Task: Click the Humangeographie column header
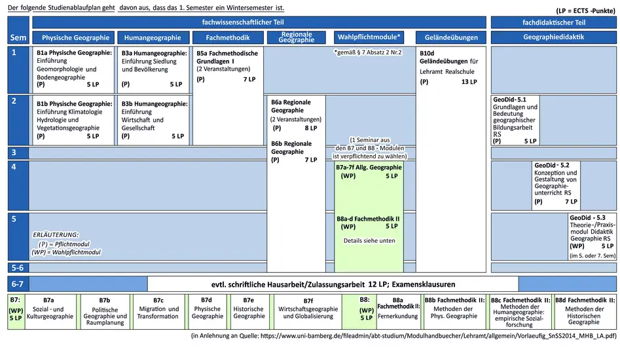pos(153,37)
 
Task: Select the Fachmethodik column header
pos(228,37)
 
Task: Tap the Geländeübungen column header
pos(451,37)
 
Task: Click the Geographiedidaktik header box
pos(554,37)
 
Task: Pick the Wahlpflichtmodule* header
pos(369,37)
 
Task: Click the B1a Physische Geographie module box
pos(73,69)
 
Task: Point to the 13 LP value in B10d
pos(469,82)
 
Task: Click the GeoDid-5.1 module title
pos(509,99)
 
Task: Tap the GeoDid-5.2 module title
pos(552,165)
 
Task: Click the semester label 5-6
pos(18,268)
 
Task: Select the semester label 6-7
pos(18,284)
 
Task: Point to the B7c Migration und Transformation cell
pos(158,312)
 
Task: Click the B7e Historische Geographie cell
pos(249,312)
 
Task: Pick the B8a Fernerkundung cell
pos(398,312)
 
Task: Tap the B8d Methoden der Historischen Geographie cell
pos(585,312)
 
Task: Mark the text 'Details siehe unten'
pos(369,241)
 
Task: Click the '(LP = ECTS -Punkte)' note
pos(585,10)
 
